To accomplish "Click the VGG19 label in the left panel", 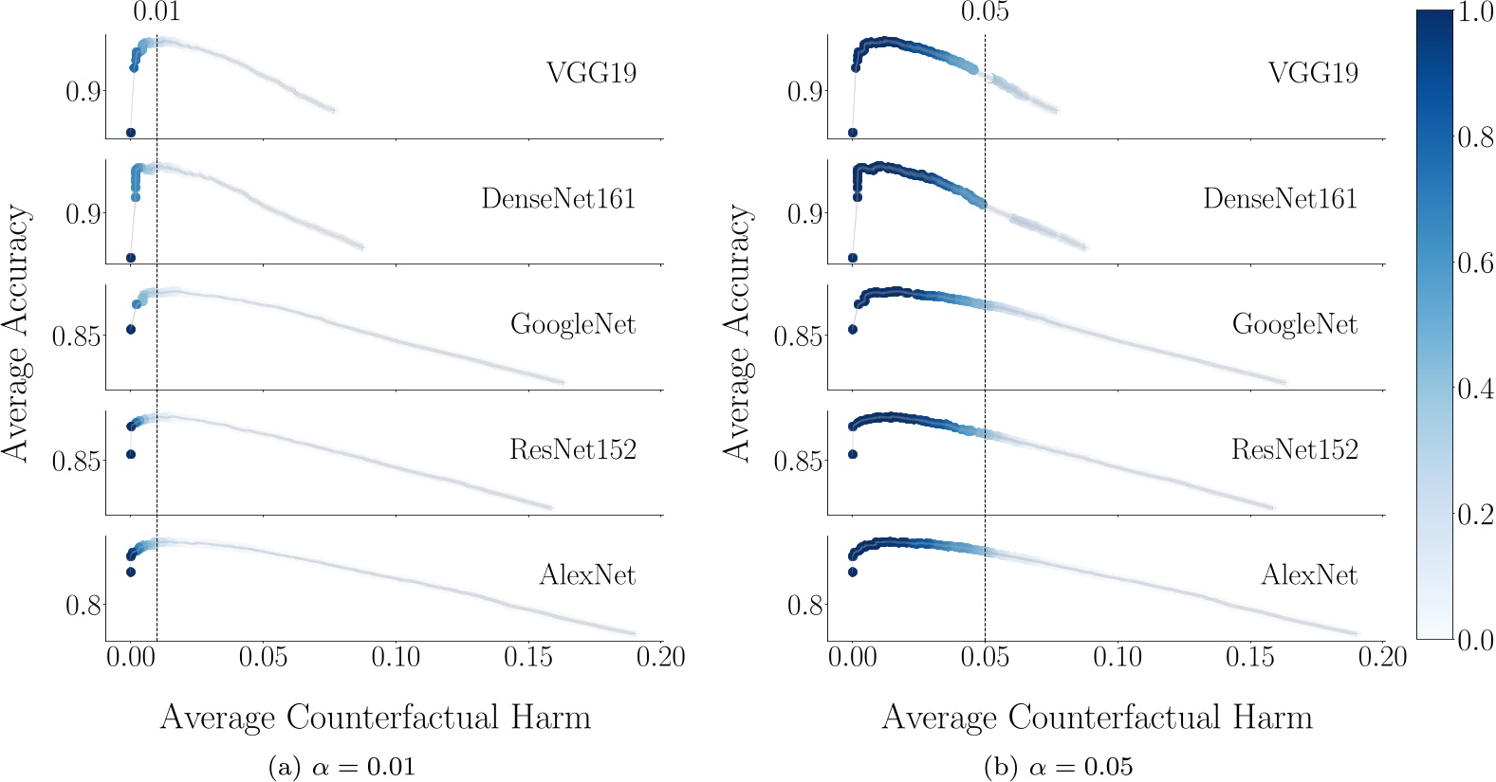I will coord(591,73).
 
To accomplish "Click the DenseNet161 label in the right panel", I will coord(1280,199).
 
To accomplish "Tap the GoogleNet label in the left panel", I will coord(573,324).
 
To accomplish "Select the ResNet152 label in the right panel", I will coord(1294,449).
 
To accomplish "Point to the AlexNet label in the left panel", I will coord(587,575).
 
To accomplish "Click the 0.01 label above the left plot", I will coord(156,12).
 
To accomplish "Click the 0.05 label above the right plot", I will coord(985,12).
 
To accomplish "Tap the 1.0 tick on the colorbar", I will coord(1475,12).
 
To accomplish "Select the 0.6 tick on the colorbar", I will coord(1475,263).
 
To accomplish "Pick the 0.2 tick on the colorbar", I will coord(1475,515).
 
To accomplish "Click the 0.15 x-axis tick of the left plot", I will coord(527,657).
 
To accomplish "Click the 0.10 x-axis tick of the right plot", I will coord(1117,657).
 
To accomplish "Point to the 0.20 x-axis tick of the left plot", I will coord(660,657).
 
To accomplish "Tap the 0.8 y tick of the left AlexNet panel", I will coord(83,605).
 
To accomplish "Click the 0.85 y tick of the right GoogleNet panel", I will coord(798,336).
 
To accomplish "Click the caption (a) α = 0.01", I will coord(342,766).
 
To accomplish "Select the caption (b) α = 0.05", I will coord(1059,766).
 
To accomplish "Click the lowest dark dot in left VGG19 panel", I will coord(131,133).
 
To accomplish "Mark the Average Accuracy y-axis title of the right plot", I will coord(737,334).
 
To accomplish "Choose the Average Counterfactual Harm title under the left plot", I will coord(376,718).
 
